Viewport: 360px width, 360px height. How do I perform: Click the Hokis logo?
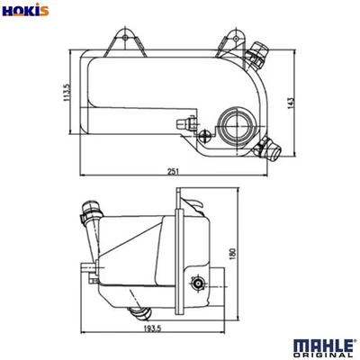coord(24,12)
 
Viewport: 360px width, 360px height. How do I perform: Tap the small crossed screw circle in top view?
coord(207,137)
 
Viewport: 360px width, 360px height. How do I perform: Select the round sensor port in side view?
coord(198,284)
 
